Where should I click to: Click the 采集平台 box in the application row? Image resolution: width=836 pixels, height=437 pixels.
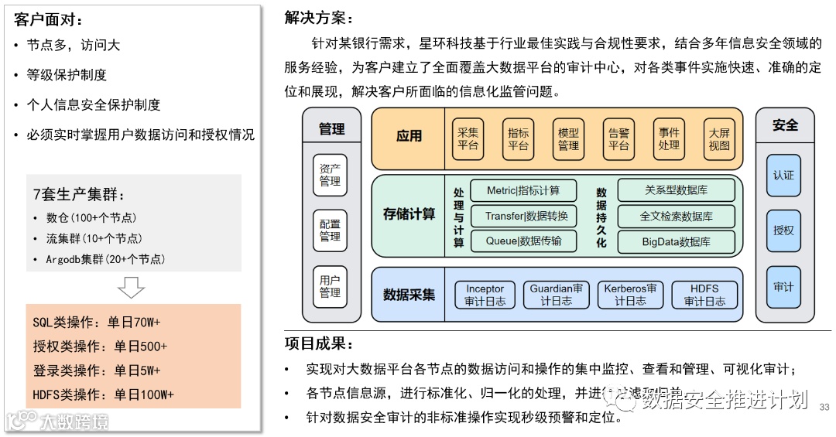click(468, 138)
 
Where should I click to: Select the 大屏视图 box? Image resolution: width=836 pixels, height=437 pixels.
click(719, 138)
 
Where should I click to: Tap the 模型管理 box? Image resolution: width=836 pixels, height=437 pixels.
click(568, 138)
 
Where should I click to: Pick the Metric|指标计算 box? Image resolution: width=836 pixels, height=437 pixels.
click(522, 190)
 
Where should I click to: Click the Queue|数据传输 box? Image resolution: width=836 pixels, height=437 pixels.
click(522, 241)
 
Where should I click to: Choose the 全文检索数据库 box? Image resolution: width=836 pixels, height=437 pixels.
click(676, 216)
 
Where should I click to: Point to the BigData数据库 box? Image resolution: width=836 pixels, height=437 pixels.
click(676, 241)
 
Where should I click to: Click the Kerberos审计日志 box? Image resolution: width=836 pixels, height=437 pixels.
click(630, 295)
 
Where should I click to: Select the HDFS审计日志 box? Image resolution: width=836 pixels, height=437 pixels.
click(704, 295)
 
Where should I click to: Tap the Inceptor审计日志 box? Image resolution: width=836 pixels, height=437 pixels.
click(485, 295)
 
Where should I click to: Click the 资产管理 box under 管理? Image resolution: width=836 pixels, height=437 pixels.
click(330, 175)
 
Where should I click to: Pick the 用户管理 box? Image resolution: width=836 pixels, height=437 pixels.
click(330, 286)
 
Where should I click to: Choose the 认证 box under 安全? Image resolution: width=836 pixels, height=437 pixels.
click(783, 175)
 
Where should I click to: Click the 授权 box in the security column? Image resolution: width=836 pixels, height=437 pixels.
click(783, 230)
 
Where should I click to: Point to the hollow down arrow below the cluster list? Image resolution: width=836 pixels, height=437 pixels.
click(131, 287)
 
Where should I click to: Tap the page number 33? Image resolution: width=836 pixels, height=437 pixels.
click(824, 407)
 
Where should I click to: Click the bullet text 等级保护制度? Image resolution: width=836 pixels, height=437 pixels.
click(67, 75)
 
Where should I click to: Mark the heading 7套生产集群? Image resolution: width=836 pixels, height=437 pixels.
click(78, 195)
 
